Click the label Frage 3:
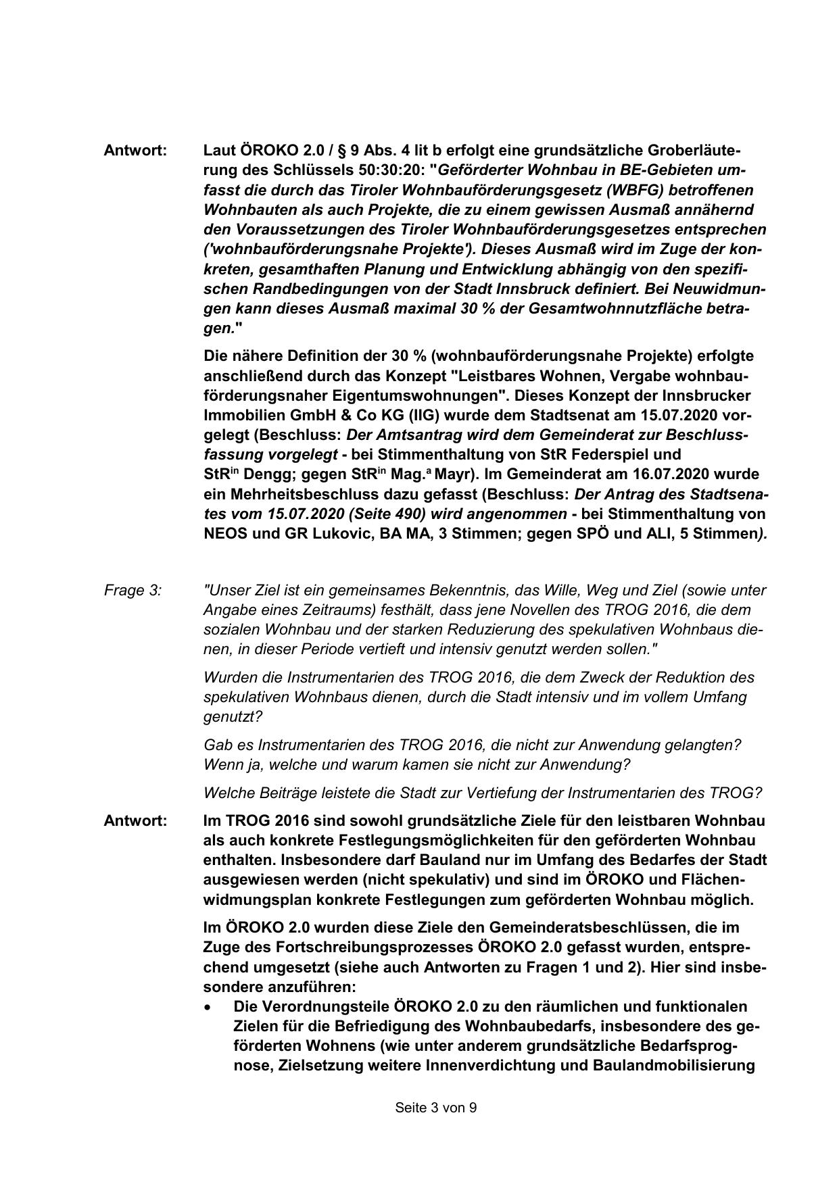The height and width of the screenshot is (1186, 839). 133,591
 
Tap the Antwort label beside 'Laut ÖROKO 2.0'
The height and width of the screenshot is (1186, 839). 135,150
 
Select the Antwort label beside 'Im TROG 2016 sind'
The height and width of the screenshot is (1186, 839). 135,821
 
